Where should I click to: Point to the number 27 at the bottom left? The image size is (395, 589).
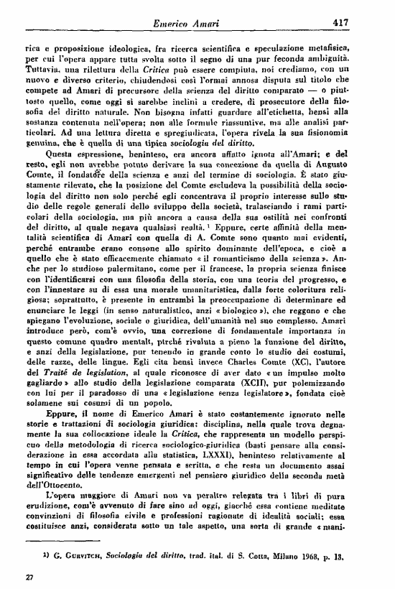(29, 577)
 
